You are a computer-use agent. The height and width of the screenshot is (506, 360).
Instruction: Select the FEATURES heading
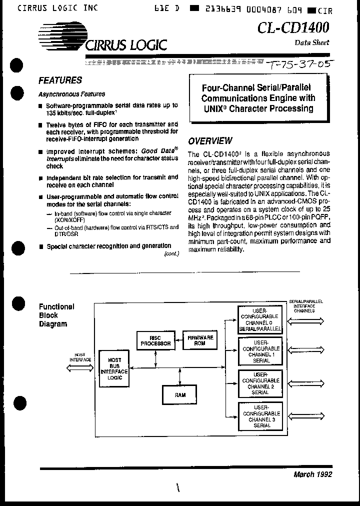(60, 80)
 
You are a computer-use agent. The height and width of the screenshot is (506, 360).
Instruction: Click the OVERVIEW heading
(209, 141)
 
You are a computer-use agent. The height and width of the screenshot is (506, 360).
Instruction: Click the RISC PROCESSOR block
(155, 340)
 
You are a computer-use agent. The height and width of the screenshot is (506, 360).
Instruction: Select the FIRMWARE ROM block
(200, 340)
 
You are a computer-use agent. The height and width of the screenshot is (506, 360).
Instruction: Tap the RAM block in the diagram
(180, 394)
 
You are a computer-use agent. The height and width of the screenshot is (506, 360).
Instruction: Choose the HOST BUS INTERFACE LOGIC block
(114, 368)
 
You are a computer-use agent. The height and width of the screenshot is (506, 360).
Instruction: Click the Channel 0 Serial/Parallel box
(260, 320)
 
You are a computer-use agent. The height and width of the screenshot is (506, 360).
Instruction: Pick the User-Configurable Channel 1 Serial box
(260, 351)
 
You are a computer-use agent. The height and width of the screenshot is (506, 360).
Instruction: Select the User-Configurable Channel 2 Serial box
(260, 383)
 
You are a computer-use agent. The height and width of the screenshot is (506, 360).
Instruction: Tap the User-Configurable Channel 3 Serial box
(260, 416)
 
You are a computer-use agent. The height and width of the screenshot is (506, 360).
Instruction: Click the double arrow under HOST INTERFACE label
(80, 368)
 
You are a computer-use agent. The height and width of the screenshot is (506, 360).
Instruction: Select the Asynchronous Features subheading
(71, 94)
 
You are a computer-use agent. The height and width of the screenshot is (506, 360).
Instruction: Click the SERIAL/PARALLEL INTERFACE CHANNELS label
(306, 306)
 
